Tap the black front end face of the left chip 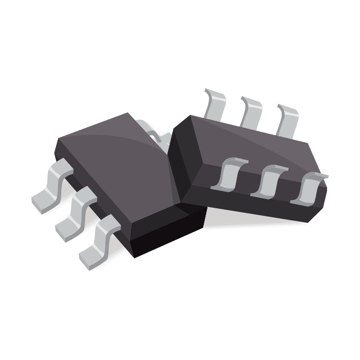[x=171, y=234]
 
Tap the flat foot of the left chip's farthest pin [x=43, y=200]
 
